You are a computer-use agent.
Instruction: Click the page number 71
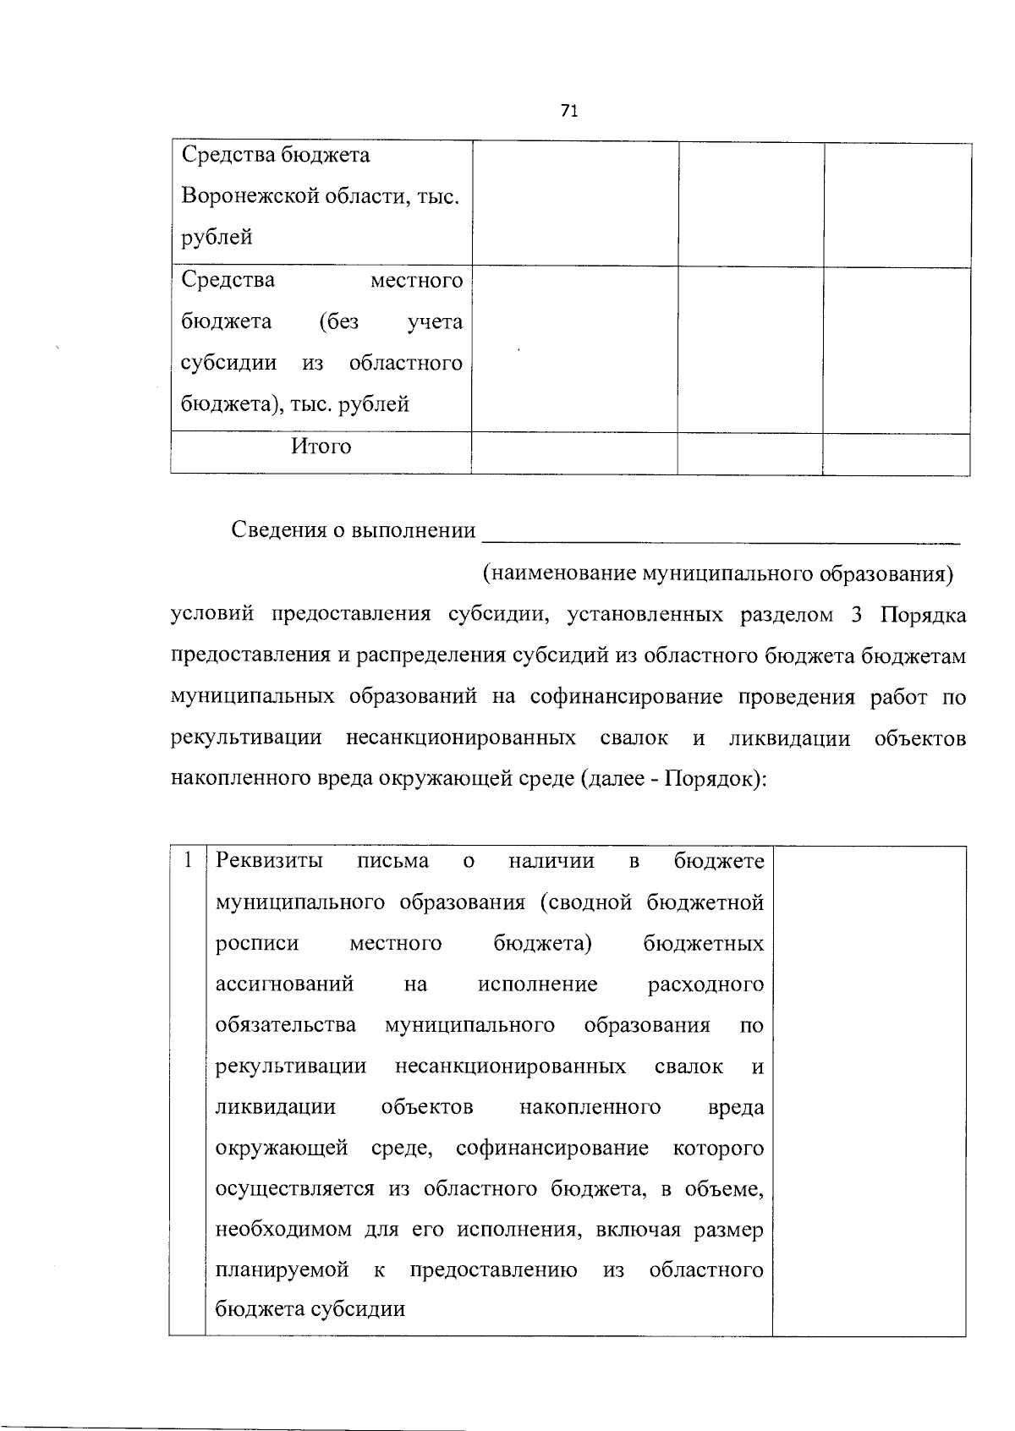(568, 111)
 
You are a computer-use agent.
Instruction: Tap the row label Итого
(321, 447)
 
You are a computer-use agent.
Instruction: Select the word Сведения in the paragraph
(277, 530)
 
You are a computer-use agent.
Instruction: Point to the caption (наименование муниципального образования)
(717, 574)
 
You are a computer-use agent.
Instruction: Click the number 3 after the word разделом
(856, 615)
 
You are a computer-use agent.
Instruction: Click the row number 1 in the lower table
(187, 861)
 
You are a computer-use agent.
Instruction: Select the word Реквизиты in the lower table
(270, 861)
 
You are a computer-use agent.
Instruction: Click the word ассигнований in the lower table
(284, 984)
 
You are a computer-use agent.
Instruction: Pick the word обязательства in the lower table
(286, 1026)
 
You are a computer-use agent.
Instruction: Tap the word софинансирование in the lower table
(551, 1149)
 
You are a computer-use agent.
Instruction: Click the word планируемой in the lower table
(283, 1270)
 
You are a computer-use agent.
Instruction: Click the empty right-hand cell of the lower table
(869, 1090)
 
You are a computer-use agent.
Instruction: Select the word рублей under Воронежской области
(217, 238)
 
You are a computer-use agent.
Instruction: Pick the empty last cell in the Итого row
(896, 452)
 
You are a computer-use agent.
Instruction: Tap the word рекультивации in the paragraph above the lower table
(246, 737)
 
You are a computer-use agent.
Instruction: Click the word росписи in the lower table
(257, 943)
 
